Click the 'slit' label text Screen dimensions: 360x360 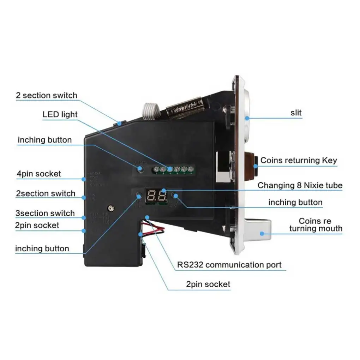[x=296, y=113]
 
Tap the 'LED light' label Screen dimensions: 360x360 [x=60, y=115]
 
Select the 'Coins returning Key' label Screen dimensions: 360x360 [x=299, y=161]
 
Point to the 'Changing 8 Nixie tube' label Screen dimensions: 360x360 [x=300, y=185]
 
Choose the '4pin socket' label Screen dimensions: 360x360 [x=39, y=174]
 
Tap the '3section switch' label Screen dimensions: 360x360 [x=45, y=213]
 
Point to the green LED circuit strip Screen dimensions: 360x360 [x=174, y=170]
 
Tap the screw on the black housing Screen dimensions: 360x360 [x=111, y=209]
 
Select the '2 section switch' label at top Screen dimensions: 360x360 [x=46, y=96]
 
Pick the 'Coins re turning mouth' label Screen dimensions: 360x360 [x=316, y=225]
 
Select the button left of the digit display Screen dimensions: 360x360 [x=139, y=195]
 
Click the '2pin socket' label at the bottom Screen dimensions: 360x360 [x=208, y=284]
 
